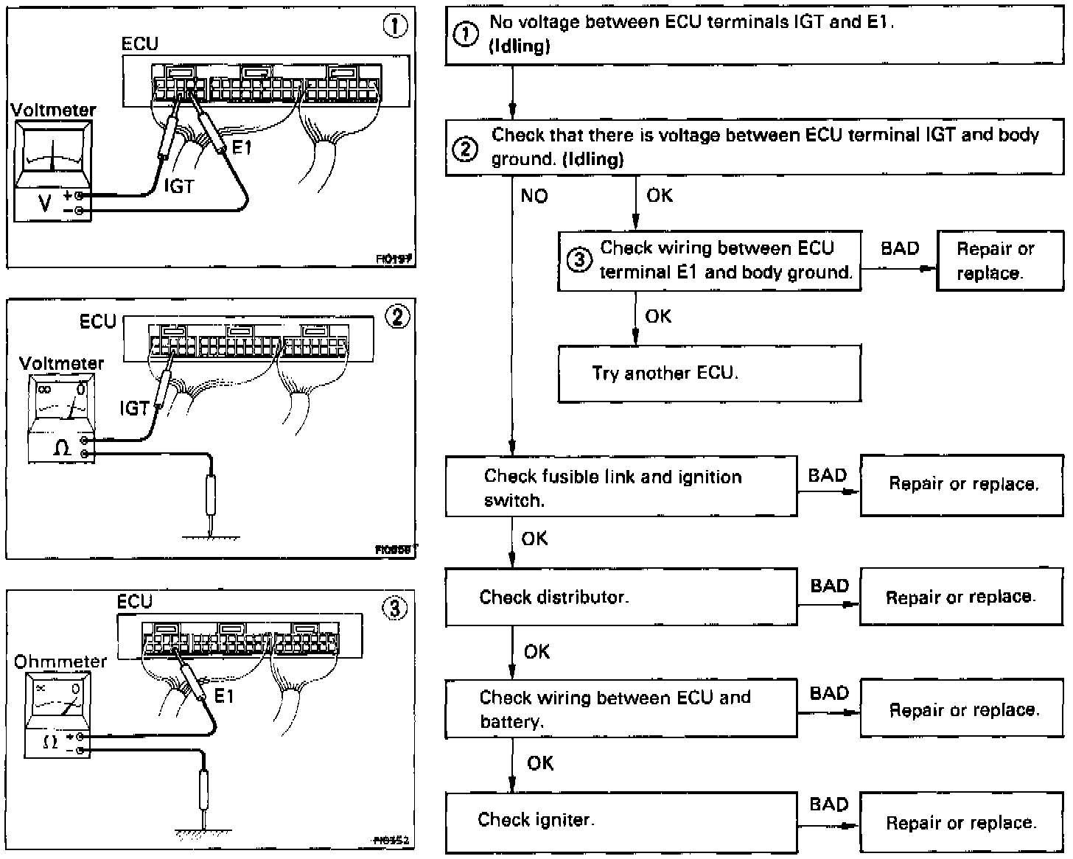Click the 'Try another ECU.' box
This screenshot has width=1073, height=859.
point(709,374)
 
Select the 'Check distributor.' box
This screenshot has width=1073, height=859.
point(621,597)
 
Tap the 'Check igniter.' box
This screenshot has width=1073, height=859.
point(621,821)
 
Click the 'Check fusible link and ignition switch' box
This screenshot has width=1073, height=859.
point(621,487)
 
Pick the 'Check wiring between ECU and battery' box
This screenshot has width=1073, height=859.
point(621,709)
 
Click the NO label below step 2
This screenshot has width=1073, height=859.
point(534,196)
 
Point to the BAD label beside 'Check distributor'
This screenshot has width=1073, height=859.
point(829,586)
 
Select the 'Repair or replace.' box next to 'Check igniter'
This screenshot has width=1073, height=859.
point(961,822)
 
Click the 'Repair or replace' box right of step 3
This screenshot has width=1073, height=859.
point(999,261)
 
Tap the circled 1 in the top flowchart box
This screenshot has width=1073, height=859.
point(465,35)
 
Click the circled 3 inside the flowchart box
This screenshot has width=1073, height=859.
point(579,260)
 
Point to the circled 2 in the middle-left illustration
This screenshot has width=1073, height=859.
point(397,317)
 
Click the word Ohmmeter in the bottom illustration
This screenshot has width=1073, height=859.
point(60,661)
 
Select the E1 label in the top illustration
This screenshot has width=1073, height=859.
point(242,147)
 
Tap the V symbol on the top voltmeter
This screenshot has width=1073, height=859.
point(45,203)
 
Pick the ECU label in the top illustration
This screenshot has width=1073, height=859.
point(139,44)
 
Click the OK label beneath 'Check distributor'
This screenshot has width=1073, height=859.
point(536,651)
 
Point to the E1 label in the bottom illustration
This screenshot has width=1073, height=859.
point(223,695)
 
